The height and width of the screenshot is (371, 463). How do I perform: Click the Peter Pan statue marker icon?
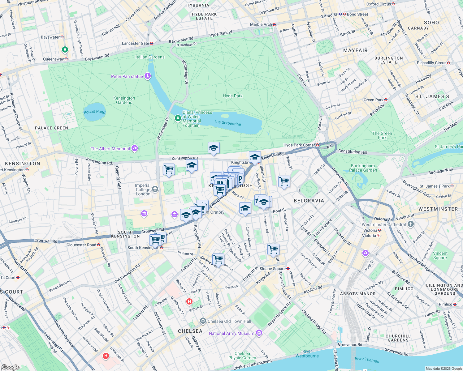[x=148, y=76]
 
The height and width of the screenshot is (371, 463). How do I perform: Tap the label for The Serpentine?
[x=227, y=123]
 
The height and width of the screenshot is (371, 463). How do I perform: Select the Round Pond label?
[x=94, y=112]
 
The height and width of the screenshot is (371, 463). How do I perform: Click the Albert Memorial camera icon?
[x=135, y=149]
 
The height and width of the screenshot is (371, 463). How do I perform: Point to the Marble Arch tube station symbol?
[x=274, y=24]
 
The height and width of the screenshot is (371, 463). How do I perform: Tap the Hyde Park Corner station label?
[x=299, y=145]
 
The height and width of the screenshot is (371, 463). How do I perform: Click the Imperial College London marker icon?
[x=155, y=189]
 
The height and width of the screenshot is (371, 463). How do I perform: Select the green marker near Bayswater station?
[x=65, y=49]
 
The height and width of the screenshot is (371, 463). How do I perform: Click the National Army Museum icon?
[x=259, y=333]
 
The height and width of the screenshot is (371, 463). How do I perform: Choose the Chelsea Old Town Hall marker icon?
[x=203, y=321]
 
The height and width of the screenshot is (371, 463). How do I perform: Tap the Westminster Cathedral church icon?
[x=410, y=224]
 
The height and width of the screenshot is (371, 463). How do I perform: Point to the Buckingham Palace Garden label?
[x=363, y=168]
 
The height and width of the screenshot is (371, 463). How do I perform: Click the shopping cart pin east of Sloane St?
[x=284, y=181]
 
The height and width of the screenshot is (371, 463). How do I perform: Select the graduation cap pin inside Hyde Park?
[x=214, y=148]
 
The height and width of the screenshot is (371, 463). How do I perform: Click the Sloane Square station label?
[x=272, y=269]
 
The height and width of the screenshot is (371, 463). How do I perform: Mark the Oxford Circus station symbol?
[x=393, y=4]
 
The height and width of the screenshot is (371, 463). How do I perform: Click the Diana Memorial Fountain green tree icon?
[x=178, y=118]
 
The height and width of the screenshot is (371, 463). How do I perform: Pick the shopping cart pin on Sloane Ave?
[x=218, y=259]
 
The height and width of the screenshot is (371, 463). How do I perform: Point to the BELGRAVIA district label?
[x=309, y=201]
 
